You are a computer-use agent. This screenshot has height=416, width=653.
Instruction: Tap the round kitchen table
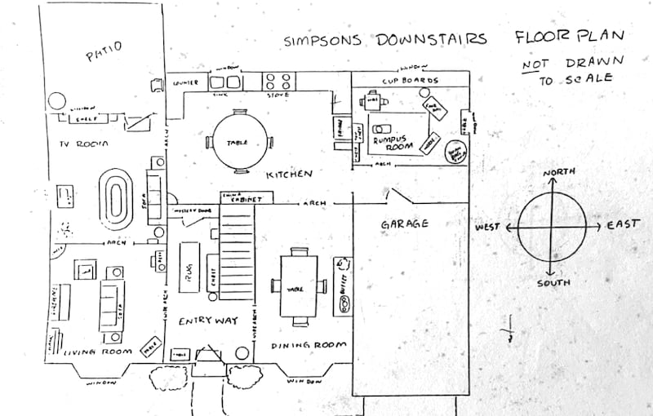coord(237,141)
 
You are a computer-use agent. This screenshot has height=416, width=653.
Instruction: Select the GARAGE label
coord(404,223)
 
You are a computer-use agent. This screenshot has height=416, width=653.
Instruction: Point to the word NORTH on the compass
coord(560,172)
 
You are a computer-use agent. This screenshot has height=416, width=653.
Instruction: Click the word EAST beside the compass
coord(623,223)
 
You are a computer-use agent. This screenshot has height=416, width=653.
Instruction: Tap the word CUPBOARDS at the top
coord(411,81)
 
